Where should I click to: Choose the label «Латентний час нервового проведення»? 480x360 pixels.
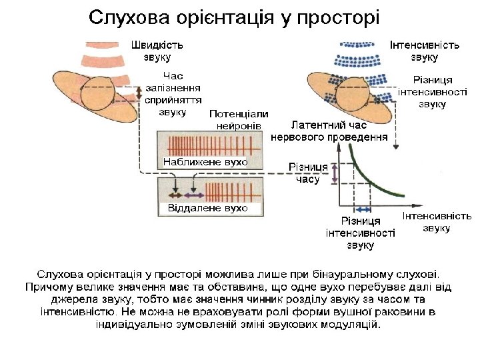pyautogui.click(x=329, y=131)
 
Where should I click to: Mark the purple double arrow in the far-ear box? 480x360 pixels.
pyautogui.click(x=194, y=196)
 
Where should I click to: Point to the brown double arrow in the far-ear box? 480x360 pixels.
pyautogui.click(x=175, y=196)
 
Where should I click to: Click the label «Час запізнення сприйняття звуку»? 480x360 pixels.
pyautogui.click(x=173, y=94)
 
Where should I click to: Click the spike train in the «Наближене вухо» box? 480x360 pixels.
pyautogui.click(x=209, y=145)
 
